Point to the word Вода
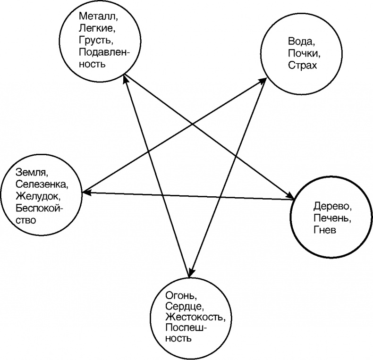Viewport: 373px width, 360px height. point(297,42)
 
